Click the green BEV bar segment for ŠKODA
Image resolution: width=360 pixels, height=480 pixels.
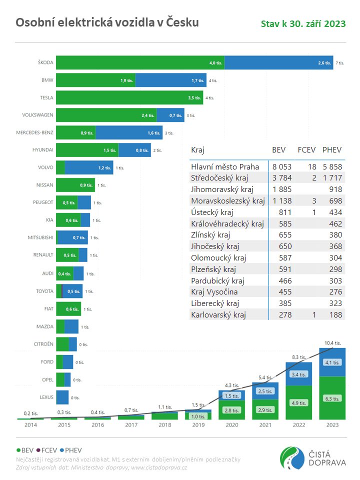point(140,63)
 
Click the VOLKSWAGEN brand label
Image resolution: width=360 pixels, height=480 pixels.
point(37,115)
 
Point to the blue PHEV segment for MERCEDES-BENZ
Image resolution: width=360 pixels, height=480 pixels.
point(128,132)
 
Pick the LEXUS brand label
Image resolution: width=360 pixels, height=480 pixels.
point(46,397)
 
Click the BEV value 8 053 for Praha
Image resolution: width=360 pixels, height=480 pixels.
point(281,166)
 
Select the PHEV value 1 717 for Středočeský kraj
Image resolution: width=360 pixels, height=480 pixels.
point(331,177)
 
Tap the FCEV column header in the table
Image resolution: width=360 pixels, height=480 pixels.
point(307,150)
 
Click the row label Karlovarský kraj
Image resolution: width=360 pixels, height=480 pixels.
point(218,315)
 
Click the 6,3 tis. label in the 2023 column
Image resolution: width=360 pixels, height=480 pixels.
point(332,398)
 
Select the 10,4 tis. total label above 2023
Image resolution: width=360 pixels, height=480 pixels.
point(332,343)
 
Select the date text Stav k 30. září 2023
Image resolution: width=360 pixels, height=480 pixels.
point(303,24)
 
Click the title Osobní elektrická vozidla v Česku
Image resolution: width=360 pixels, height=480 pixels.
point(107,22)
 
